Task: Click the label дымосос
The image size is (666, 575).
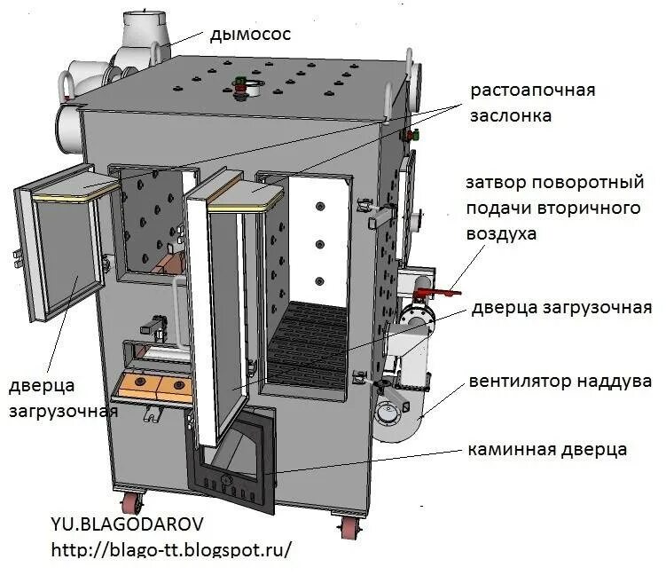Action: tap(251, 35)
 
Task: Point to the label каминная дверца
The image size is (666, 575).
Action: tap(547, 450)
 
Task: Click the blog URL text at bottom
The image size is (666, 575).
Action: tap(171, 550)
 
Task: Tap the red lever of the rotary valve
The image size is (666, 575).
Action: tap(432, 290)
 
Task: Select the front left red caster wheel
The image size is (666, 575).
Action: tap(129, 504)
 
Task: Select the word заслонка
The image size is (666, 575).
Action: tap(512, 115)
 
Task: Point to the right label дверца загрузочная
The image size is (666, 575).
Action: tap(561, 308)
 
